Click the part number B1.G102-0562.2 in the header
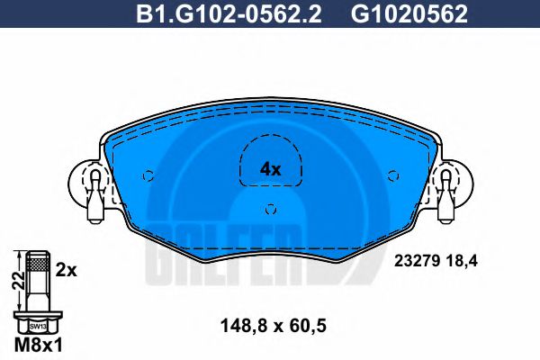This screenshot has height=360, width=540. tap(229, 14)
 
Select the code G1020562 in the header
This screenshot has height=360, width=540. tap(409, 14)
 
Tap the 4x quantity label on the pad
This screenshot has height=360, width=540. tap(270, 169)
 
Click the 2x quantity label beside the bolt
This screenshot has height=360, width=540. tap(66, 271)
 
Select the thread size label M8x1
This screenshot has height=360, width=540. tap(39, 345)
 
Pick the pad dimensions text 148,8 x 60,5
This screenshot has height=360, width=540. tap(273, 326)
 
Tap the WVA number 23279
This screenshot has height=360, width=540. tap(417, 261)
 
